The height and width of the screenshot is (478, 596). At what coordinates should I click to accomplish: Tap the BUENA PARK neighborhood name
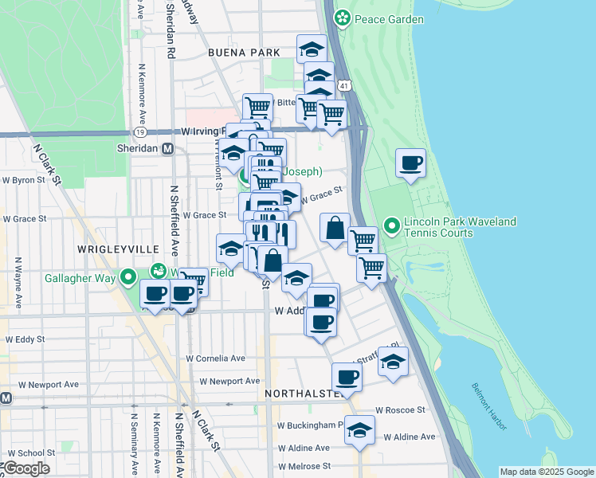244,53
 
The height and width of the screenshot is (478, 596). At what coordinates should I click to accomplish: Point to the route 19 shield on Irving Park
140,131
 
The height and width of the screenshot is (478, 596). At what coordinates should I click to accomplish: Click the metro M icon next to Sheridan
167,149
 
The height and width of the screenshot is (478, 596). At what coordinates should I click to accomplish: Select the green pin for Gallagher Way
128,278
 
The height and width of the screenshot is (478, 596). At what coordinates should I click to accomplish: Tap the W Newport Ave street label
229,382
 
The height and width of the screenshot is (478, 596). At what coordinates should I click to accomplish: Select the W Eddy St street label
24,339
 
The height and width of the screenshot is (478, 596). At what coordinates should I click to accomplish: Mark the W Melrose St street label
304,466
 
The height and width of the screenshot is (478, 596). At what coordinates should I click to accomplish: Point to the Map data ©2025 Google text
546,472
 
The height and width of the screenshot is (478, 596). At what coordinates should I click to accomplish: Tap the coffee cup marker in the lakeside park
411,164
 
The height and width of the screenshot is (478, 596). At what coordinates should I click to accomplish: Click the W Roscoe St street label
402,409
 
